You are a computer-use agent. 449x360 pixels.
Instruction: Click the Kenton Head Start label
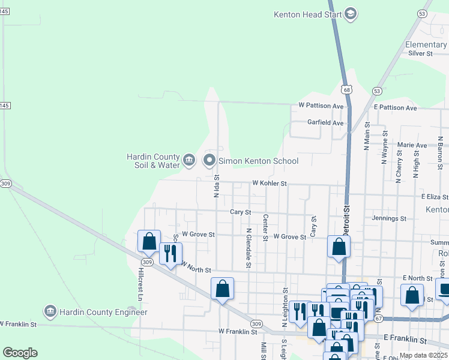pyautogui.click(x=308, y=14)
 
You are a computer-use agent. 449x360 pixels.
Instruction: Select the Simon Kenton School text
pyautogui.click(x=258, y=161)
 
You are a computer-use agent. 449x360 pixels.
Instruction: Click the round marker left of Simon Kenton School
pyautogui.click(x=209, y=160)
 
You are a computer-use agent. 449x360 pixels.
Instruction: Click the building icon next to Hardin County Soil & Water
pyautogui.click(x=189, y=160)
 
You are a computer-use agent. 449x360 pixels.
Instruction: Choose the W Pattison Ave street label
pyautogui.click(x=321, y=106)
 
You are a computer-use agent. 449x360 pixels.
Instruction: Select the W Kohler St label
pyautogui.click(x=270, y=183)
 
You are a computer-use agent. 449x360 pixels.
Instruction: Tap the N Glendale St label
pyautogui.click(x=249, y=248)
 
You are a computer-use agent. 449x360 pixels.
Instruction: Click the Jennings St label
pyautogui.click(x=389, y=218)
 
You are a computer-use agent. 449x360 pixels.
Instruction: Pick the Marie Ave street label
pyautogui.click(x=411, y=145)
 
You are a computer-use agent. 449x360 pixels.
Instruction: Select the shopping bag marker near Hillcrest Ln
pyautogui.click(x=149, y=241)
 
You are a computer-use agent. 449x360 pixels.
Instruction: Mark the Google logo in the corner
pyautogui.click(x=20, y=353)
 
